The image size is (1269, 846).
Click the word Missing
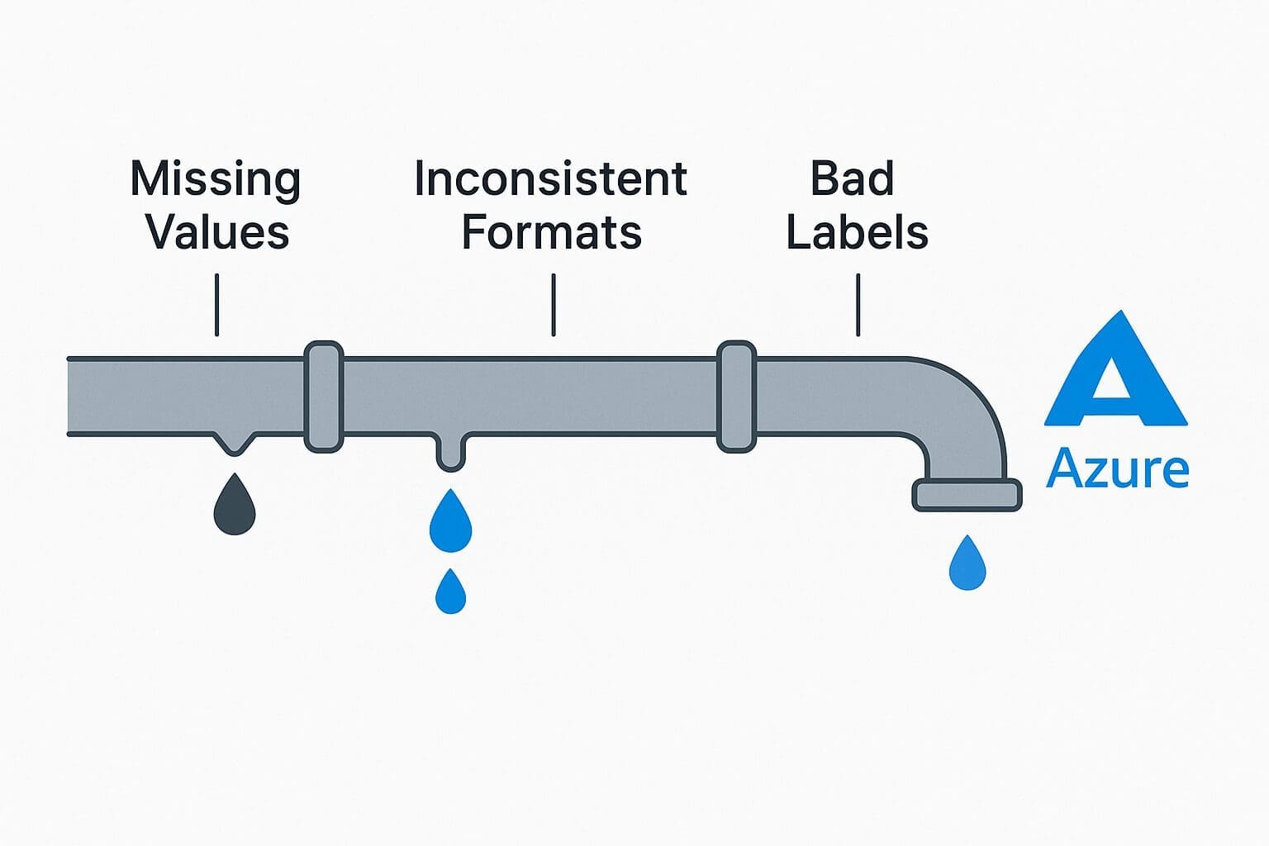click(x=216, y=180)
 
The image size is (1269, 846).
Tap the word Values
click(x=217, y=232)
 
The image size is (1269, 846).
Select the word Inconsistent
click(x=550, y=178)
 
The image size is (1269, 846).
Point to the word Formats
click(x=551, y=232)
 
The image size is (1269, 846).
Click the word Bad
click(x=852, y=178)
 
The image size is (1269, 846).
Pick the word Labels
click(x=857, y=232)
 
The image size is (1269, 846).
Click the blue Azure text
click(x=1117, y=468)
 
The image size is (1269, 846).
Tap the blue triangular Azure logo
click(x=1116, y=376)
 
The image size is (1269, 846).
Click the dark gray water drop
click(x=235, y=506)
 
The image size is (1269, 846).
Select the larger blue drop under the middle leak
click(x=450, y=523)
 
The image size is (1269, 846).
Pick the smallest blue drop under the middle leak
click(x=450, y=592)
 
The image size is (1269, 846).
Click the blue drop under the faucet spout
click(x=967, y=564)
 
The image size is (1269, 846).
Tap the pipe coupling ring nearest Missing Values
click(x=324, y=397)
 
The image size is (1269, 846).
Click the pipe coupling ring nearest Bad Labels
click(x=736, y=397)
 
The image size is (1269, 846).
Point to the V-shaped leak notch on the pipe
click(x=235, y=442)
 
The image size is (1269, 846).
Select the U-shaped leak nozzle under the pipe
click(x=450, y=452)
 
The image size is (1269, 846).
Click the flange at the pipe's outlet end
click(x=967, y=495)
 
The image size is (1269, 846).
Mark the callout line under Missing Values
click(x=216, y=305)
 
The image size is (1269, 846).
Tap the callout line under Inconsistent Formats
click(x=553, y=305)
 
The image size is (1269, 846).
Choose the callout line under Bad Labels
click(x=858, y=305)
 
